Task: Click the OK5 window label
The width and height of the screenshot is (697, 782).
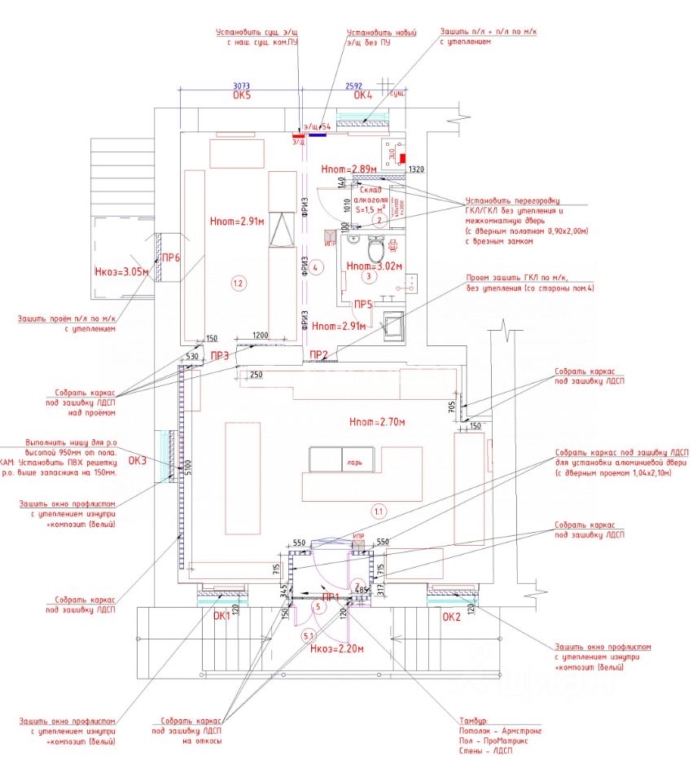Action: click(x=241, y=95)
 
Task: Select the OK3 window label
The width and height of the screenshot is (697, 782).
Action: click(x=138, y=461)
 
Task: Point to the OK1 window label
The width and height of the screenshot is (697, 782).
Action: click(x=223, y=617)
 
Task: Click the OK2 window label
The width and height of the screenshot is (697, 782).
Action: click(x=452, y=617)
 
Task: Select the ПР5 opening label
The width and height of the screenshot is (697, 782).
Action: click(x=363, y=305)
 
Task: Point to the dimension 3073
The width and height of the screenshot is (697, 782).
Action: click(x=241, y=85)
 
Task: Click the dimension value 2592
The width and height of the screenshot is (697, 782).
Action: click(x=353, y=85)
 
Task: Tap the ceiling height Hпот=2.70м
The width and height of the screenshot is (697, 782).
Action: click(x=377, y=423)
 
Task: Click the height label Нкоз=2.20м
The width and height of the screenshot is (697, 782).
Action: click(x=337, y=649)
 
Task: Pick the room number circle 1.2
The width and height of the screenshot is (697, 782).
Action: click(x=238, y=283)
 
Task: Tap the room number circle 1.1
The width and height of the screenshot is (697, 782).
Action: click(x=379, y=512)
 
